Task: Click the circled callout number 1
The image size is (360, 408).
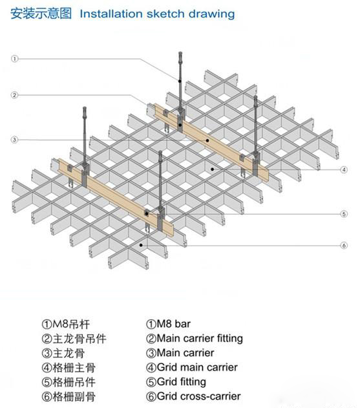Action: pyautogui.click(x=15, y=59)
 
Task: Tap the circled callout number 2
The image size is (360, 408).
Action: pyautogui.click(x=15, y=95)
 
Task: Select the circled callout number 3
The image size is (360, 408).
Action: pyautogui.click(x=15, y=140)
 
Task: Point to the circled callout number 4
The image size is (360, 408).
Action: pyautogui.click(x=344, y=170)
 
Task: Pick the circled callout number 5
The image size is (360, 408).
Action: pyautogui.click(x=344, y=214)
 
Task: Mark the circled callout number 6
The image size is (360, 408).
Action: pyautogui.click(x=344, y=245)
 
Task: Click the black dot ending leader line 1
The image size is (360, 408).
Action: pyautogui.click(x=180, y=81)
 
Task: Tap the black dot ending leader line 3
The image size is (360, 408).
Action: pyautogui.click(x=207, y=140)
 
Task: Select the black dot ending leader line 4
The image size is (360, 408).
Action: pyautogui.click(x=213, y=169)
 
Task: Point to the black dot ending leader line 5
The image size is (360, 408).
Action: pyautogui.click(x=147, y=214)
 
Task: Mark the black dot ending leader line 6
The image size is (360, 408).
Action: pyautogui.click(x=141, y=245)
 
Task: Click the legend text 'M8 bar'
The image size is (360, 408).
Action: pyautogui.click(x=173, y=324)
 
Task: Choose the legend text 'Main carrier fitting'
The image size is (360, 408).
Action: pyautogui.click(x=200, y=339)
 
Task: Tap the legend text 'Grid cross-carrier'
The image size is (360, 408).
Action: pyautogui.click(x=198, y=396)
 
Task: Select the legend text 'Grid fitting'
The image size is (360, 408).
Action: pyautogui.click(x=182, y=382)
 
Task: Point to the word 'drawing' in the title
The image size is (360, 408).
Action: pyautogui.click(x=211, y=14)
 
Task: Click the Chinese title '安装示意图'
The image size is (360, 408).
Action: pyautogui.click(x=41, y=14)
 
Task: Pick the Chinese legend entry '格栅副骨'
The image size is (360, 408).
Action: pyautogui.click(x=74, y=397)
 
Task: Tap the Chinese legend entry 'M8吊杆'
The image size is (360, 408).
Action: pyautogui.click(x=71, y=325)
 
